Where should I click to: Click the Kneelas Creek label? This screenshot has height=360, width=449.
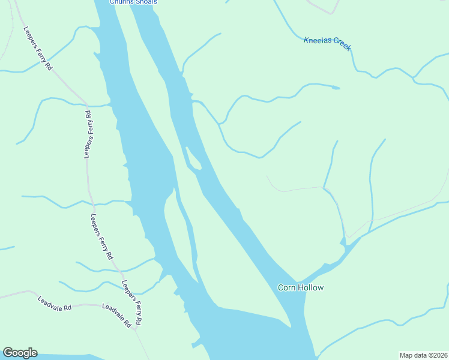click(327, 44)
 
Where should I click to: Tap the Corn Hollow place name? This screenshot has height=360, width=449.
click(300, 287)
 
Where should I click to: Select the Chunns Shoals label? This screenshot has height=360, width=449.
click(133, 2)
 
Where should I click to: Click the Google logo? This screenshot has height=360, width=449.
click(20, 353)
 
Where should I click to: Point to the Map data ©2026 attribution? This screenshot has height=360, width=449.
click(423, 355)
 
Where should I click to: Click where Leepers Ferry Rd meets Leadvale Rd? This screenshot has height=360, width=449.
click(137, 328)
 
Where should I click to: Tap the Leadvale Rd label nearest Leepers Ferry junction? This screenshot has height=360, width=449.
click(116, 315)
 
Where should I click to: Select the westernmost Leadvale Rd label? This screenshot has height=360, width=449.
click(54, 303)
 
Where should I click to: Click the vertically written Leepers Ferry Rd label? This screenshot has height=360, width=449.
click(88, 134)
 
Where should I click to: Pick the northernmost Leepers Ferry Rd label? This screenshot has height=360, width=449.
click(38, 48)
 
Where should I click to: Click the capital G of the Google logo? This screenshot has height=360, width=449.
click(7, 353)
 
